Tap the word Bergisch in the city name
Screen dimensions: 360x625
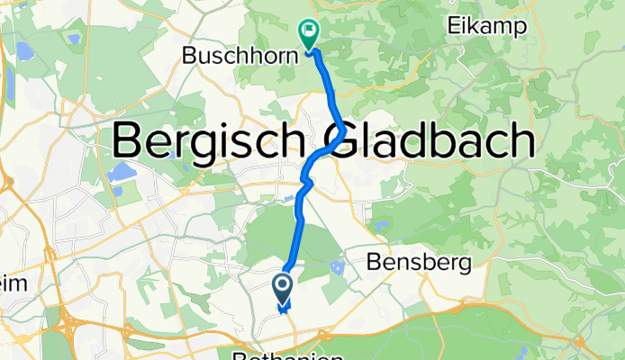213,141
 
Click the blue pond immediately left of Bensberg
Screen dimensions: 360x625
338,267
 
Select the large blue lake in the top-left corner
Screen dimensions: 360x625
23,50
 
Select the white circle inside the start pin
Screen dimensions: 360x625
282,285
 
